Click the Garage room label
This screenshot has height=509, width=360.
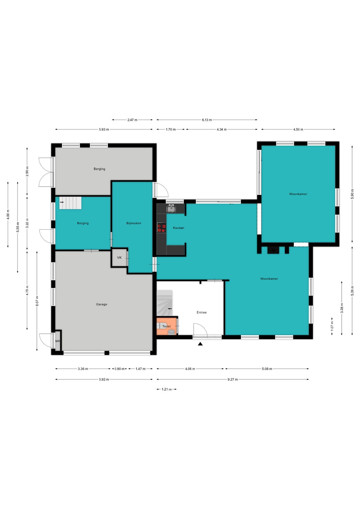[102, 304]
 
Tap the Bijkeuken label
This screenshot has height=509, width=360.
[134, 223]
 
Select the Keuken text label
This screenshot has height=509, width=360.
[178, 228]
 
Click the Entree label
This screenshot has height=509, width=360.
[201, 312]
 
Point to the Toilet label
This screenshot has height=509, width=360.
[166, 326]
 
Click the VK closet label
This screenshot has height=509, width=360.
[119, 257]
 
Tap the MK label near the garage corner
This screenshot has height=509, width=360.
[58, 341]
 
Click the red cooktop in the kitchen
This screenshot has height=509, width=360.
[161, 228]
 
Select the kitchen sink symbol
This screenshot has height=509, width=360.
[171, 209]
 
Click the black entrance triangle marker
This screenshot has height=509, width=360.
[200, 344]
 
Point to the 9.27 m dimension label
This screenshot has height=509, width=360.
[232, 379]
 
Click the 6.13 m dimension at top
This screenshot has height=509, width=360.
[207, 120]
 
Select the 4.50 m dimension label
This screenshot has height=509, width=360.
[298, 129]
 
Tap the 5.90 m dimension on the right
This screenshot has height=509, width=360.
[352, 194]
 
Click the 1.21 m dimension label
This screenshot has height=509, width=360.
[166, 389]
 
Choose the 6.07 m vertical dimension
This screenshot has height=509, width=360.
[37, 301]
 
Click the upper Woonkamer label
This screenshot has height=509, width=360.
[298, 194]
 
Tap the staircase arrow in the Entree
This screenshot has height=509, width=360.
[170, 309]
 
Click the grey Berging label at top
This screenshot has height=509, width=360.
[99, 169]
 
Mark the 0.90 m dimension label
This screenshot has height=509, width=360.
[119, 369]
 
